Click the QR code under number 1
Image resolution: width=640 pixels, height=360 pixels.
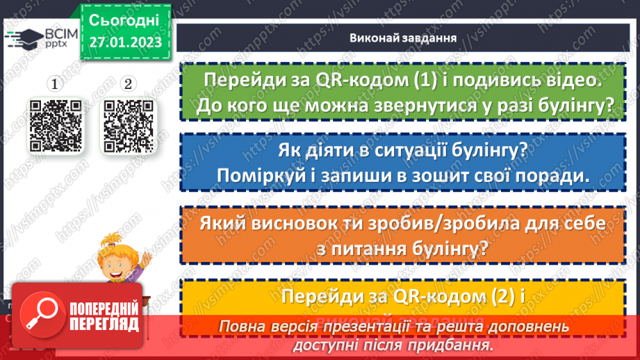(x=55, y=125)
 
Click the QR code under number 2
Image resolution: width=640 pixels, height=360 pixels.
(x=128, y=125)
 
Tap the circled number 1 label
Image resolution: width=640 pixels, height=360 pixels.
(x=55, y=84)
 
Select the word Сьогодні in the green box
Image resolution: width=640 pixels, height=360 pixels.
(x=124, y=18)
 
